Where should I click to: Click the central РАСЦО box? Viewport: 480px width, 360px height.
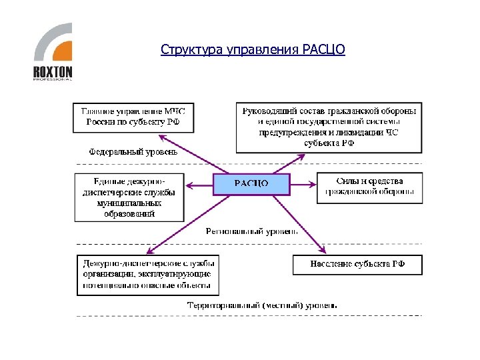(x=251, y=183)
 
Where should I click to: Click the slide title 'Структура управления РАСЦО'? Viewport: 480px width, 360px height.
(x=253, y=50)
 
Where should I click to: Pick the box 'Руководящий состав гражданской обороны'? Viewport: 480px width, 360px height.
(x=329, y=127)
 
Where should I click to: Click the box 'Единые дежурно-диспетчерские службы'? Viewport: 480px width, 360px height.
(x=129, y=197)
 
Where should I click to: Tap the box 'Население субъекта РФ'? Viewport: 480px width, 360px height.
(x=357, y=265)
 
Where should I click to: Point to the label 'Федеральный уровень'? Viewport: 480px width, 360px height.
(x=133, y=152)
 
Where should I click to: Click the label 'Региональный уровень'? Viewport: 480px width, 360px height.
(x=251, y=231)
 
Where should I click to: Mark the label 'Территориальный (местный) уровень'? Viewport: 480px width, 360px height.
(x=262, y=305)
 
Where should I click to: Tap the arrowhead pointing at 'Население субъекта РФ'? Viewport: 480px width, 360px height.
(x=323, y=250)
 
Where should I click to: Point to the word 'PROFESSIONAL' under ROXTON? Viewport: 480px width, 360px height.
(x=53, y=79)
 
